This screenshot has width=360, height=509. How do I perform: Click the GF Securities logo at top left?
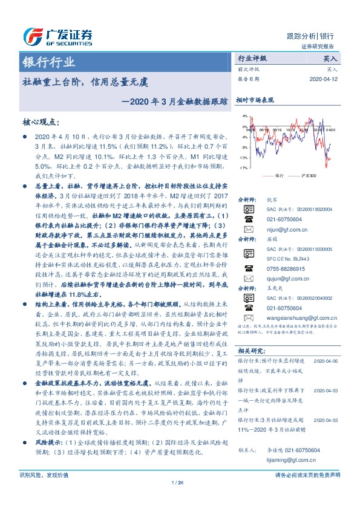point(57,34)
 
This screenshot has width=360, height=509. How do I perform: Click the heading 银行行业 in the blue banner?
point(49,63)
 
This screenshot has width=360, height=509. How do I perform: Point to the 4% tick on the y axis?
point(244,116)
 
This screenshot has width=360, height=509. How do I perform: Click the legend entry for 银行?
point(279,175)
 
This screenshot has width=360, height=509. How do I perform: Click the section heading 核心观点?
point(43,122)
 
